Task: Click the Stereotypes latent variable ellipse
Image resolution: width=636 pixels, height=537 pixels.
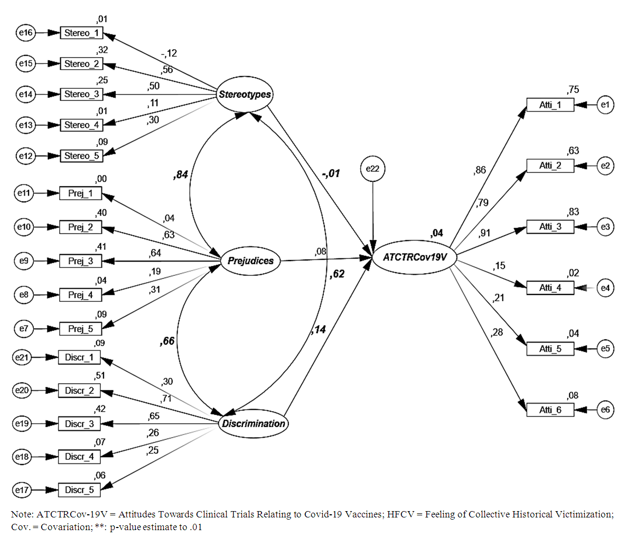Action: click(x=245, y=95)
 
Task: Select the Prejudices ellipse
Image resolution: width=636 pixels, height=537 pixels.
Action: click(x=250, y=261)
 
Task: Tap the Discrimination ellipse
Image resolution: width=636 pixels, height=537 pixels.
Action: click(x=253, y=423)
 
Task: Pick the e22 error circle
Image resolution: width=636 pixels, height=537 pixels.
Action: click(x=373, y=169)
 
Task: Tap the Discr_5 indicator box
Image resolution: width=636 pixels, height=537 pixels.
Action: click(x=79, y=490)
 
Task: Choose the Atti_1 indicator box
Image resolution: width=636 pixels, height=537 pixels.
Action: click(x=550, y=105)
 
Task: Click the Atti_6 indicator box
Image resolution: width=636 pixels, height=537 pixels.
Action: click(x=550, y=410)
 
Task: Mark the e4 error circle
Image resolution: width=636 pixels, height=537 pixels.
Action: click(x=605, y=288)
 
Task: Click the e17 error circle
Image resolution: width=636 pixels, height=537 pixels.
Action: click(x=22, y=490)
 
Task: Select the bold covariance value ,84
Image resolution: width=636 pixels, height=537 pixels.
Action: click(x=181, y=174)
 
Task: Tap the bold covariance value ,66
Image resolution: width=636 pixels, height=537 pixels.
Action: click(x=167, y=341)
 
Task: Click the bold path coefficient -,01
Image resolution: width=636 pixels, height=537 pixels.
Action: click(x=330, y=173)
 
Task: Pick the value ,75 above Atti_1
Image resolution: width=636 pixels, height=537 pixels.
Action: click(x=573, y=90)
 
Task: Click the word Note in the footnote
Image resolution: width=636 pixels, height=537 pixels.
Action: click(x=22, y=514)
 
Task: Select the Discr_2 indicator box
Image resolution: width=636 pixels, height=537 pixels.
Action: click(x=79, y=391)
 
